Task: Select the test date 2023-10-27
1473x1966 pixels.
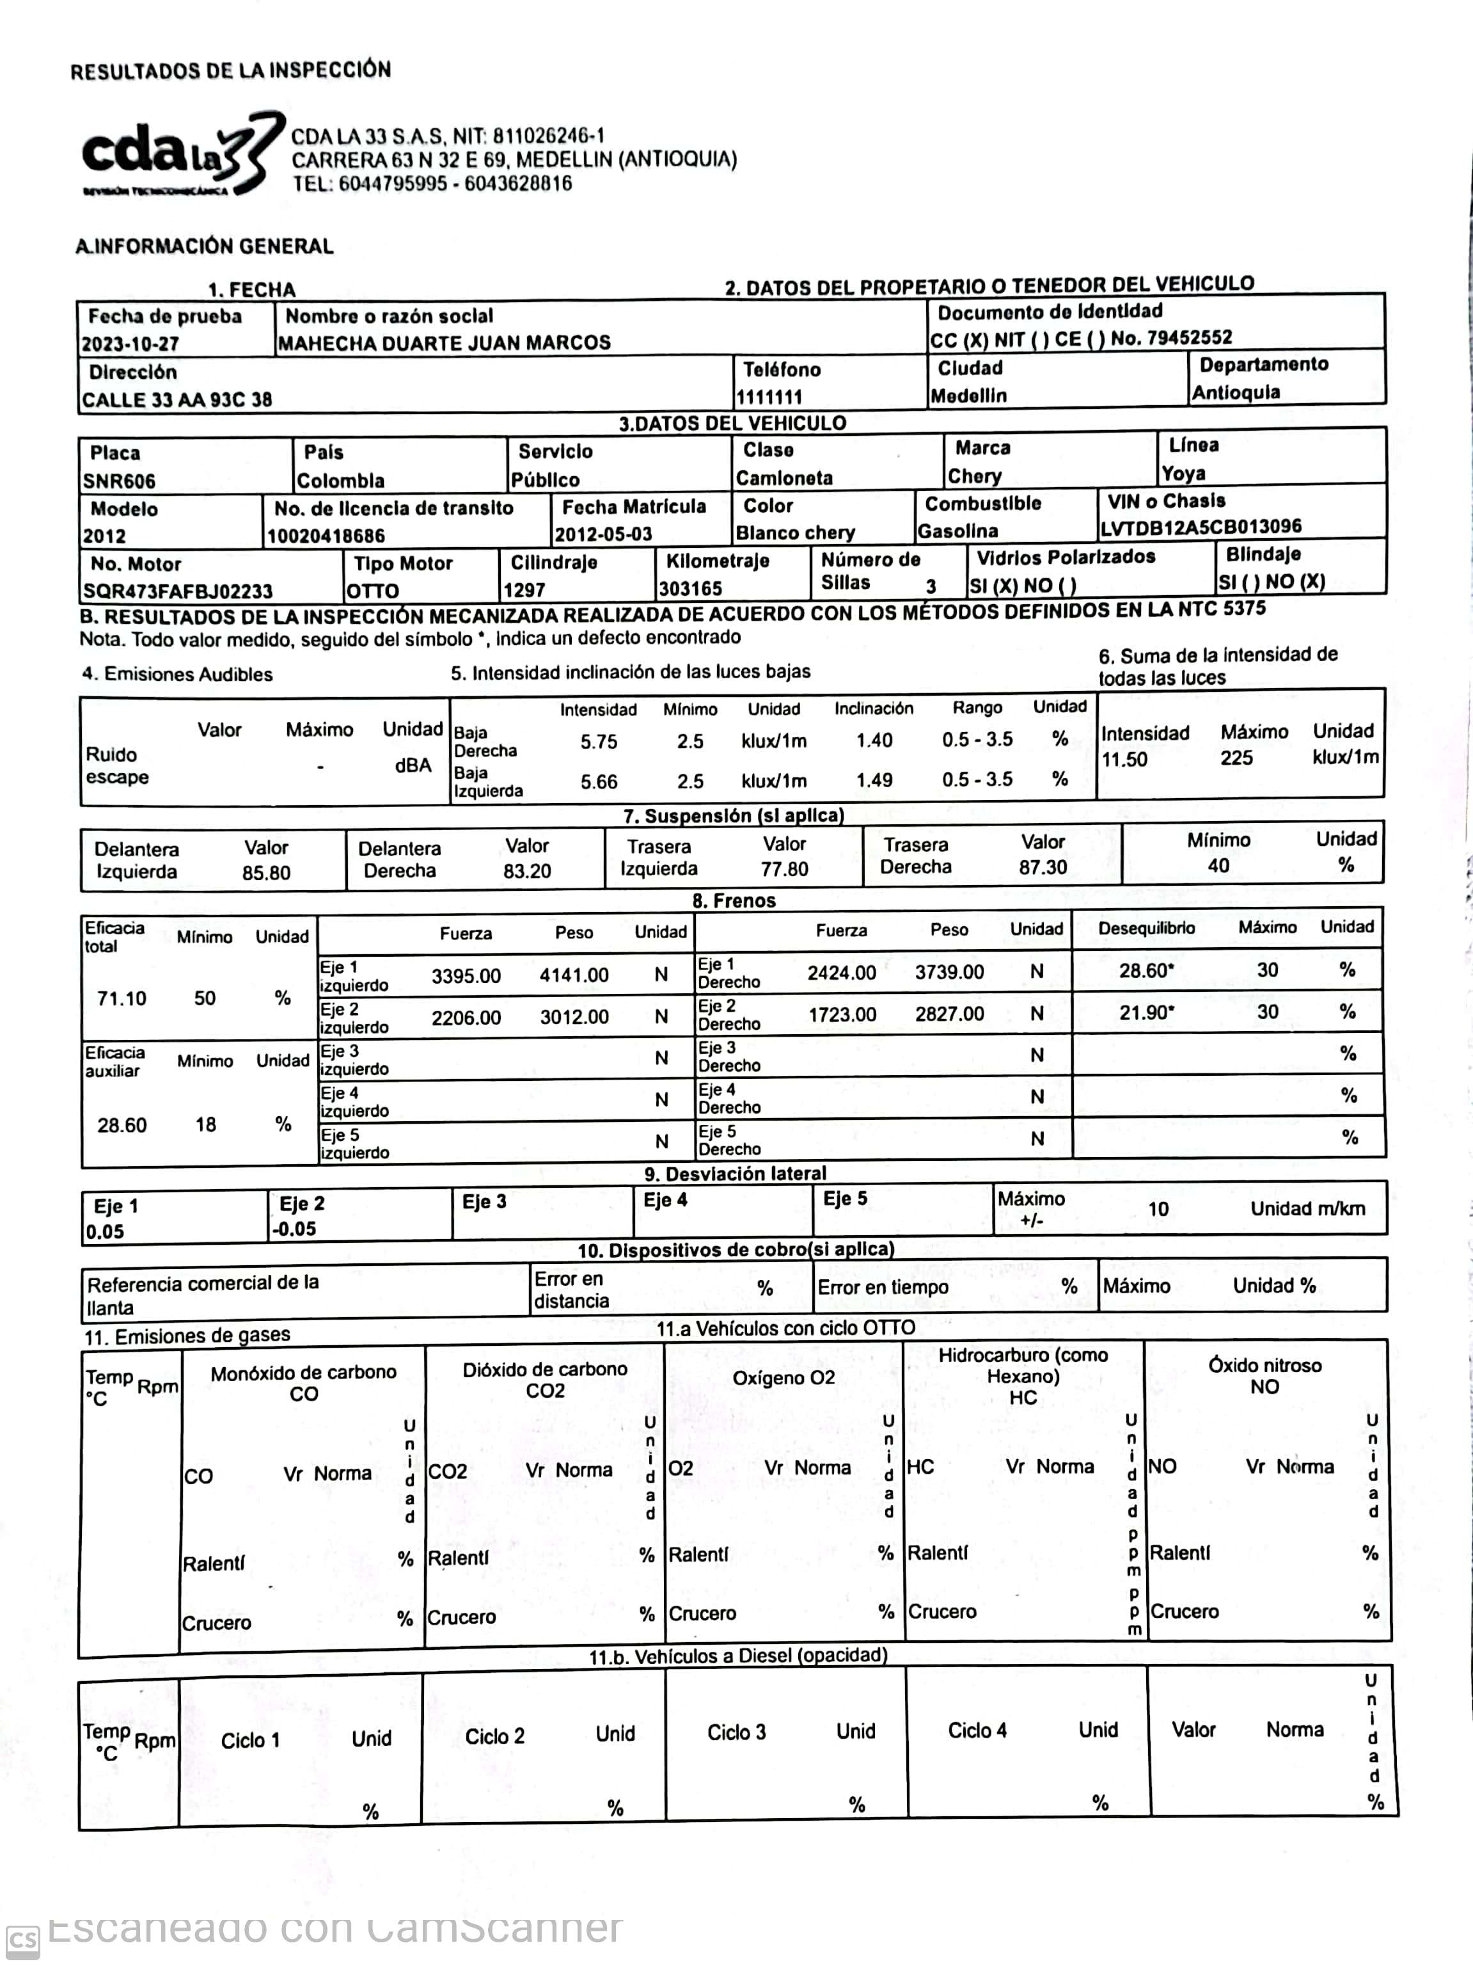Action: [130, 344]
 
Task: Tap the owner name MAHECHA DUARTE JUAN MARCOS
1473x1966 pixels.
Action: [443, 343]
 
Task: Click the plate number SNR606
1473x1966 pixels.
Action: [119, 481]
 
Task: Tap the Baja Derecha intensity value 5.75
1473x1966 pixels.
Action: [599, 741]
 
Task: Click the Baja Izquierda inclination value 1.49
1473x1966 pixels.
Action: [874, 779]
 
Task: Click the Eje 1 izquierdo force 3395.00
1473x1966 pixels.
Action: [466, 976]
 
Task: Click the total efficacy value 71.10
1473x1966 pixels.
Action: [122, 998]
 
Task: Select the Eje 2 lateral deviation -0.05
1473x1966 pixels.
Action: [294, 1228]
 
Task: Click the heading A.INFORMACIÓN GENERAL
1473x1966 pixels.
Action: [204, 246]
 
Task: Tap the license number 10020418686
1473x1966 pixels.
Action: [326, 536]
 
